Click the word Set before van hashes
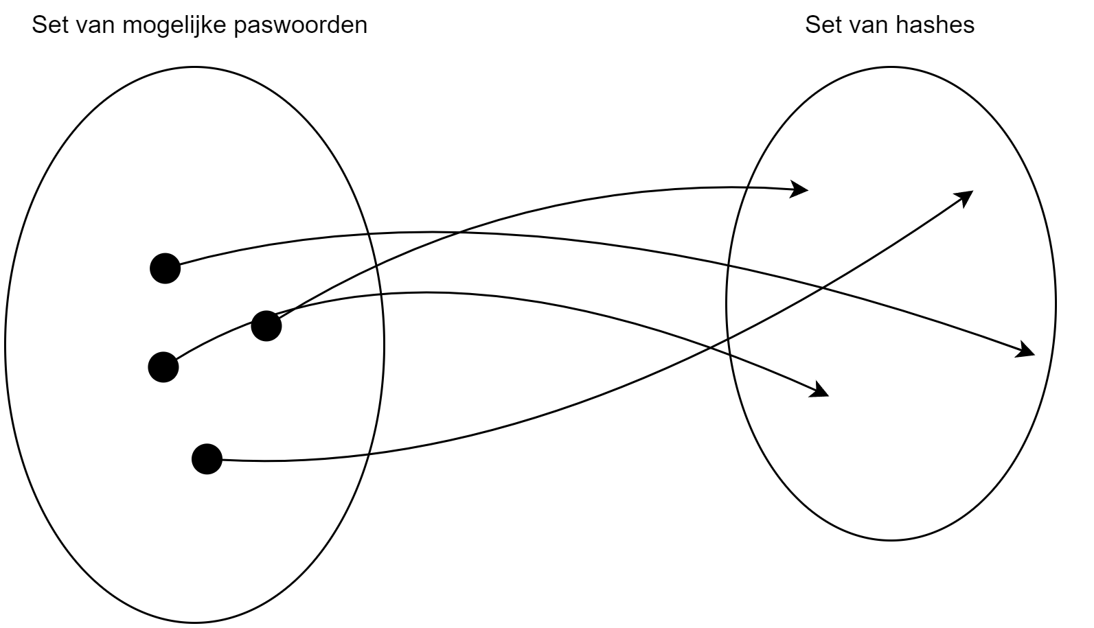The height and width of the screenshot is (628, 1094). (821, 25)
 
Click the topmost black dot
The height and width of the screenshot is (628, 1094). (165, 268)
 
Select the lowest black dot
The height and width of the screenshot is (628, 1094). (207, 458)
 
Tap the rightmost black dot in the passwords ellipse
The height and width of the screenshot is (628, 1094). (266, 325)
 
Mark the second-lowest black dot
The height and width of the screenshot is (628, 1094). (163, 367)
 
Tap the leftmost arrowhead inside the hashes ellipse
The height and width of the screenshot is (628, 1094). (803, 188)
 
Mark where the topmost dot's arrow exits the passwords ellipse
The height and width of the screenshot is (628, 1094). (369, 235)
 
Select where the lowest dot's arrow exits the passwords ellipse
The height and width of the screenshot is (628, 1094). (369, 454)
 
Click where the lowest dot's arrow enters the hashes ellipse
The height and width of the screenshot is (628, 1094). (728, 341)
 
